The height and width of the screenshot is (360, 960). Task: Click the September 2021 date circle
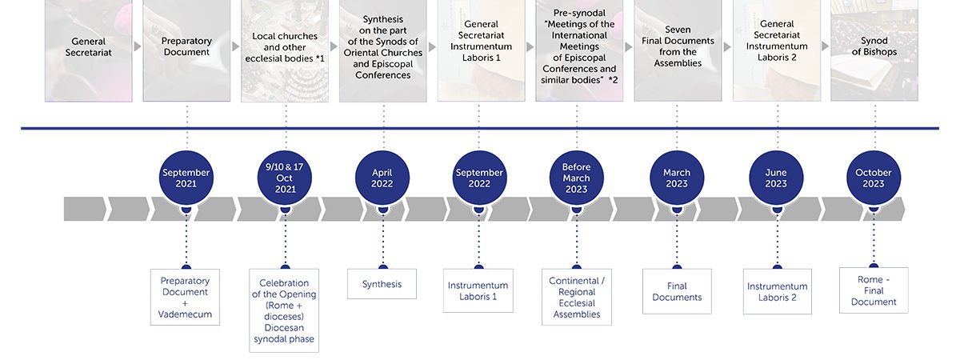click(186, 178)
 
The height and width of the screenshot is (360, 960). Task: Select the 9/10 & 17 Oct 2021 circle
click(285, 178)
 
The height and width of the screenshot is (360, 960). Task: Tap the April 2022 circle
click(382, 178)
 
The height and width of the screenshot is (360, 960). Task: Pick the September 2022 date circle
click(479, 178)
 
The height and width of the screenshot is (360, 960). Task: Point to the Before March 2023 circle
click(577, 178)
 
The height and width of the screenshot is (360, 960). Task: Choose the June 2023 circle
click(776, 178)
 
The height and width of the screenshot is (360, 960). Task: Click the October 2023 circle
click(874, 178)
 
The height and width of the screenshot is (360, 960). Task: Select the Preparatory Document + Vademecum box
click(185, 297)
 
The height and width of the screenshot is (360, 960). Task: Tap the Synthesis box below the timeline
click(382, 284)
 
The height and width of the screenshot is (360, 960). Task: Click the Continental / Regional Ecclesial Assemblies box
click(577, 297)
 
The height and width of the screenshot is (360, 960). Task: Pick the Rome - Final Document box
click(874, 290)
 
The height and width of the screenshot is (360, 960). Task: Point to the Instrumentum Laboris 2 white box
click(778, 291)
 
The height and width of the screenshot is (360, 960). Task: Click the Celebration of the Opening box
click(284, 310)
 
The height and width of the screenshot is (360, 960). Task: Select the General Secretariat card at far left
click(89, 50)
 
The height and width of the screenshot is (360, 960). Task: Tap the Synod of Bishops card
click(874, 50)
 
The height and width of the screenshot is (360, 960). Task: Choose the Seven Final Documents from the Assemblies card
click(678, 50)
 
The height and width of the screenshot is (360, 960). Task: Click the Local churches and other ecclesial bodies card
click(285, 50)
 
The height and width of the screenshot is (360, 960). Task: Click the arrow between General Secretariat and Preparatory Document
click(138, 46)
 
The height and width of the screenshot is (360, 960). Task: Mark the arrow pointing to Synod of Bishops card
click(826, 46)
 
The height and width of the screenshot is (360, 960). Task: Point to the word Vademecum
click(185, 314)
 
